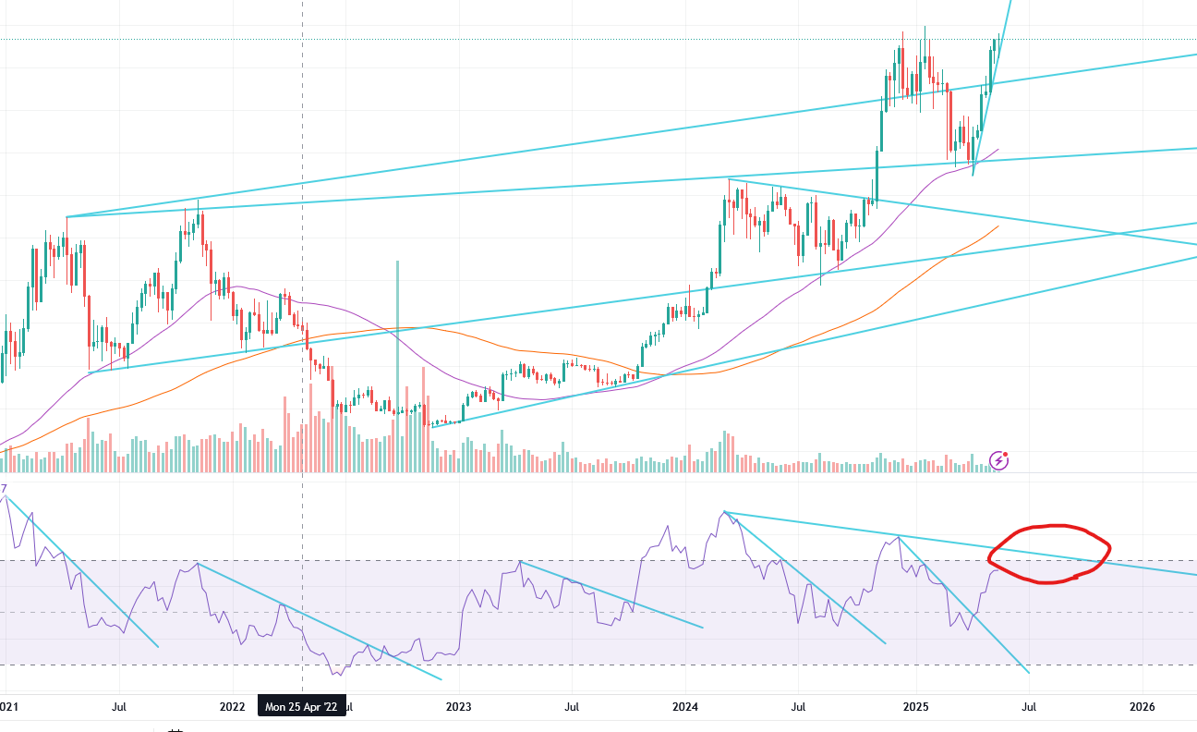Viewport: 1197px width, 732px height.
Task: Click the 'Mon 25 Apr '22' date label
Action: pyautogui.click(x=301, y=707)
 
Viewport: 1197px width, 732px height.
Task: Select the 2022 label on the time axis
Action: pyautogui.click(x=232, y=707)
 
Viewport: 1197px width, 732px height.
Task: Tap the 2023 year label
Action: pyautogui.click(x=458, y=707)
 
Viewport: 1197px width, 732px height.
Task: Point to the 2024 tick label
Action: pyautogui.click(x=686, y=707)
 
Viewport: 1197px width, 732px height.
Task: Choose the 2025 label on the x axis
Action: pyautogui.click(x=915, y=707)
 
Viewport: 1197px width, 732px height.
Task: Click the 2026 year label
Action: pyautogui.click(x=1143, y=707)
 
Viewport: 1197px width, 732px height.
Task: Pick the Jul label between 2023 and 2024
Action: pyautogui.click(x=572, y=707)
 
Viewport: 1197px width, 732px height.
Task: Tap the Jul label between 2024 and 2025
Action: pyautogui.click(x=799, y=707)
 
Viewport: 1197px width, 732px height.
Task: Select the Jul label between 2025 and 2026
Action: pyautogui.click(x=1028, y=707)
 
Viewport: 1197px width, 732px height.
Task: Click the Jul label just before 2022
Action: pyautogui.click(x=119, y=707)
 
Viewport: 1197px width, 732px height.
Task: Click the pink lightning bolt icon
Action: pyautogui.click(x=998, y=460)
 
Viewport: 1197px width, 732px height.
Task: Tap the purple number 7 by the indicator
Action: pyautogui.click(x=4, y=488)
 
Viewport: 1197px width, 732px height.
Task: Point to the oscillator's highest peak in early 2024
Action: pyautogui.click(x=725, y=512)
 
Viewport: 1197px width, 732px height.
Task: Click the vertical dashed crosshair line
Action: pyautogui.click(x=303, y=139)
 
